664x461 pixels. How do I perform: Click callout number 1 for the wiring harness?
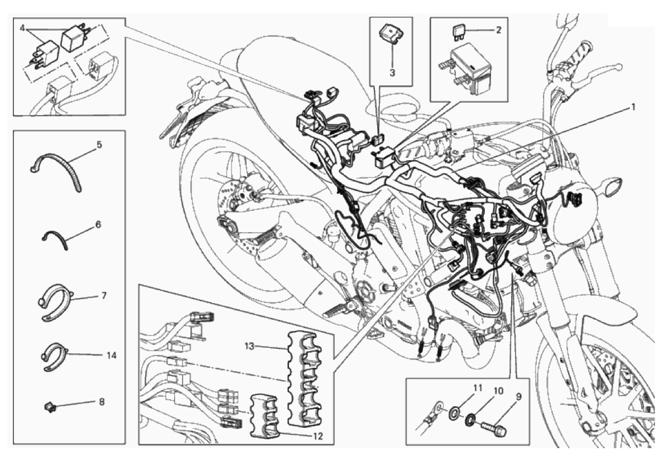633,107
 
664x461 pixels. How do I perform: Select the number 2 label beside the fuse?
498,30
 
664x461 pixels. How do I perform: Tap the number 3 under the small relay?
392,73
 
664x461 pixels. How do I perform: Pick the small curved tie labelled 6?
56,238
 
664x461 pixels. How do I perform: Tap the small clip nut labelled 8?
50,407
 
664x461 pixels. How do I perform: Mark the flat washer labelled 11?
455,412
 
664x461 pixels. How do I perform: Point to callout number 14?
111,356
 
